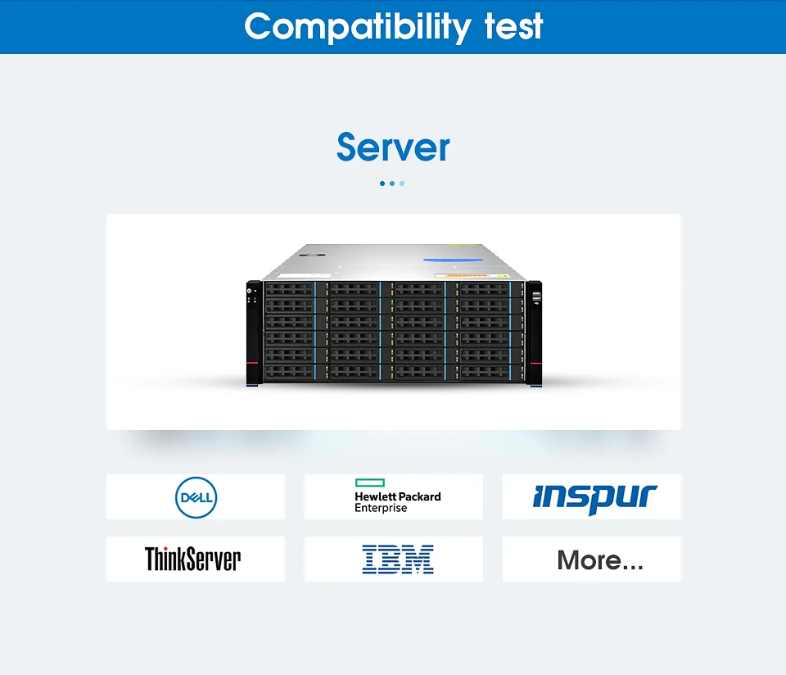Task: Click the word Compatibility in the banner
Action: (x=358, y=28)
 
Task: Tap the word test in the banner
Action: (x=514, y=26)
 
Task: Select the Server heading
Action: (x=393, y=147)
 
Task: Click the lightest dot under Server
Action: (x=402, y=183)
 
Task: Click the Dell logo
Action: (x=196, y=497)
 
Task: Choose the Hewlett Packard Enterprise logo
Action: (x=398, y=496)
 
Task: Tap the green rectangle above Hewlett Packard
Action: (x=370, y=482)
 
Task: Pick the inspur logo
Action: (x=594, y=498)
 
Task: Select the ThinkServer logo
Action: (x=193, y=559)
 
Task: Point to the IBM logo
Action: (x=398, y=559)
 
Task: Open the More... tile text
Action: (x=600, y=560)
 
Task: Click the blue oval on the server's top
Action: (x=453, y=260)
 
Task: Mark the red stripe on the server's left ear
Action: (x=252, y=363)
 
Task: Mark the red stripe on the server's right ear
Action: (x=535, y=364)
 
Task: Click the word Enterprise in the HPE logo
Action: (x=381, y=508)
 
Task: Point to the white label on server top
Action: (x=304, y=276)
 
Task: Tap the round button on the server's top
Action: (x=316, y=256)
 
